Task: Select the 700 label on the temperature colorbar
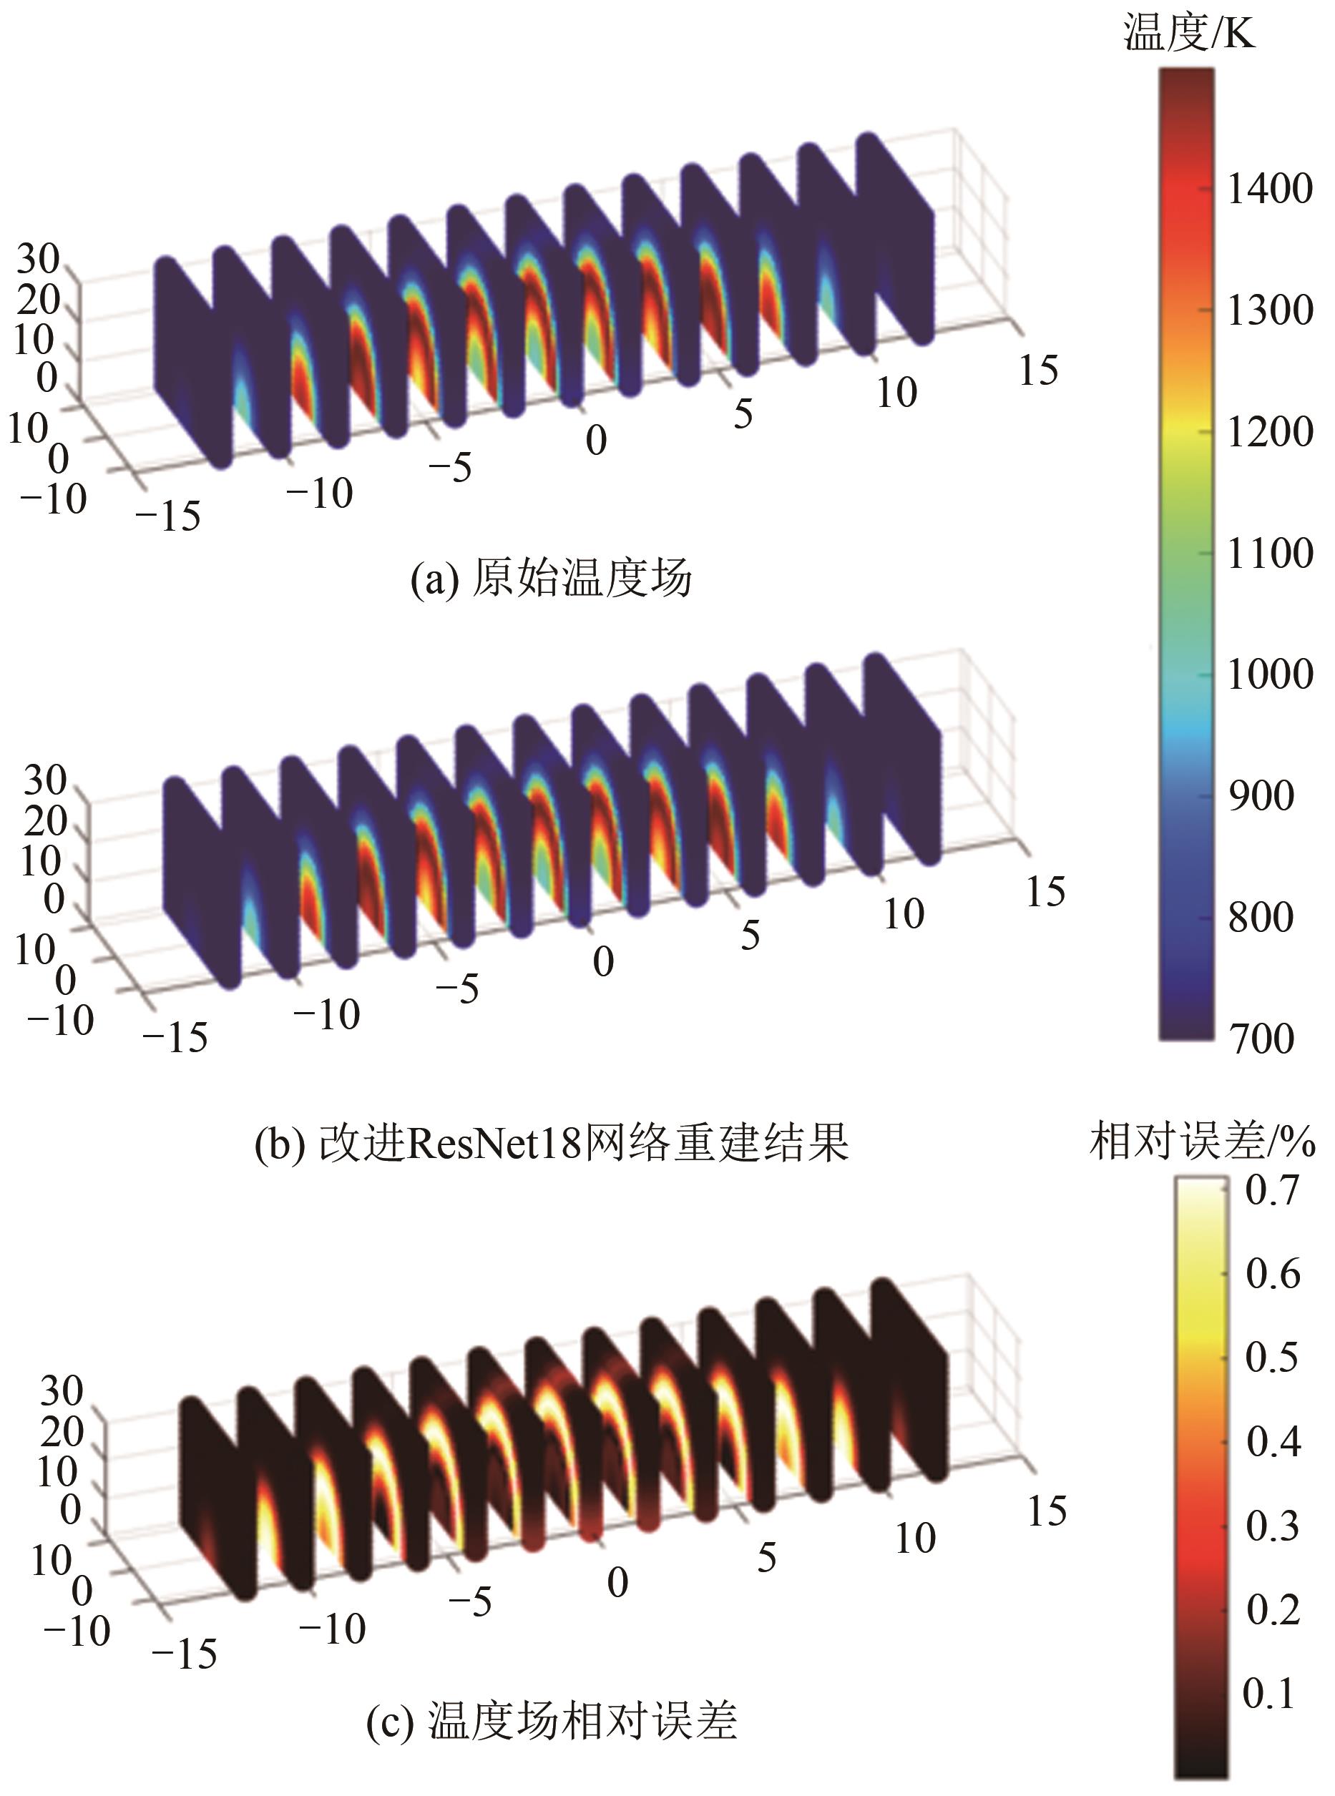1261,1038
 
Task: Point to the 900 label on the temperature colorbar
1261,796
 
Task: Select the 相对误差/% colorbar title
1202,1142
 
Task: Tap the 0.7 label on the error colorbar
1272,1191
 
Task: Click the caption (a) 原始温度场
551,579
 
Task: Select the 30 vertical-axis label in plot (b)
45,780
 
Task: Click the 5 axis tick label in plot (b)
750,936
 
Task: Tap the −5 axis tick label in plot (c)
469,1601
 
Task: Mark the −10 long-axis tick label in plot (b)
326,1015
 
